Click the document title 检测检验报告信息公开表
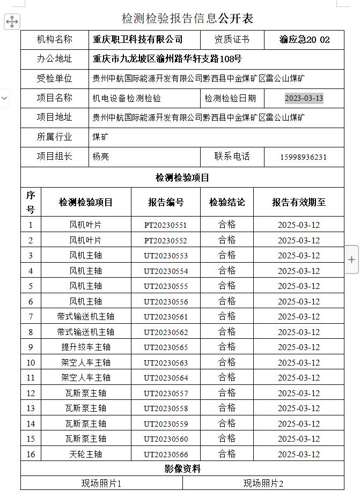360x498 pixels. tap(187, 19)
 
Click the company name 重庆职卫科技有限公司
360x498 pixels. tap(138, 40)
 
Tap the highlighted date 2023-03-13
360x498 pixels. tap(304, 98)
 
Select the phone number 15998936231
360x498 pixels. tap(303, 157)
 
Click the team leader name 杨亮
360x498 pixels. tap(101, 157)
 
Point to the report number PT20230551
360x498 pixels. tap(166, 225)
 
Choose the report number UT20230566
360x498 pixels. tap(166, 455)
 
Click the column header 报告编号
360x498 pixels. tap(166, 202)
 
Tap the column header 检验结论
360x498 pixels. tap(227, 202)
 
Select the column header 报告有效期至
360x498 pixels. tap(299, 202)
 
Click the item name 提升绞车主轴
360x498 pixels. tap(86, 347)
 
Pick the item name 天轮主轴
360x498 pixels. tap(86, 454)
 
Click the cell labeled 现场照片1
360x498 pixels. tap(101, 483)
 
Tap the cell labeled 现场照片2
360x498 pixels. tap(263, 483)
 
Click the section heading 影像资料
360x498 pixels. tap(182, 469)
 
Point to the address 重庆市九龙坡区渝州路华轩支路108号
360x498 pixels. tap(167, 59)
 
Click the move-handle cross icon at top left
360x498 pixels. tap(12, 21)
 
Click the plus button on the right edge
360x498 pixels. tap(351, 259)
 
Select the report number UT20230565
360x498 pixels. tap(166, 347)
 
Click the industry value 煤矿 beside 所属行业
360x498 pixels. tap(100, 137)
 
